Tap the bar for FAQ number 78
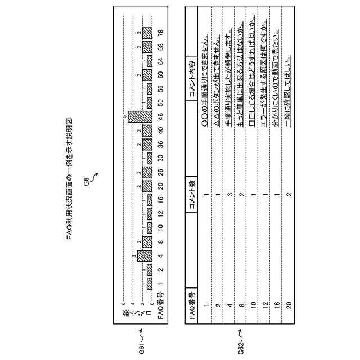[147, 31]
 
